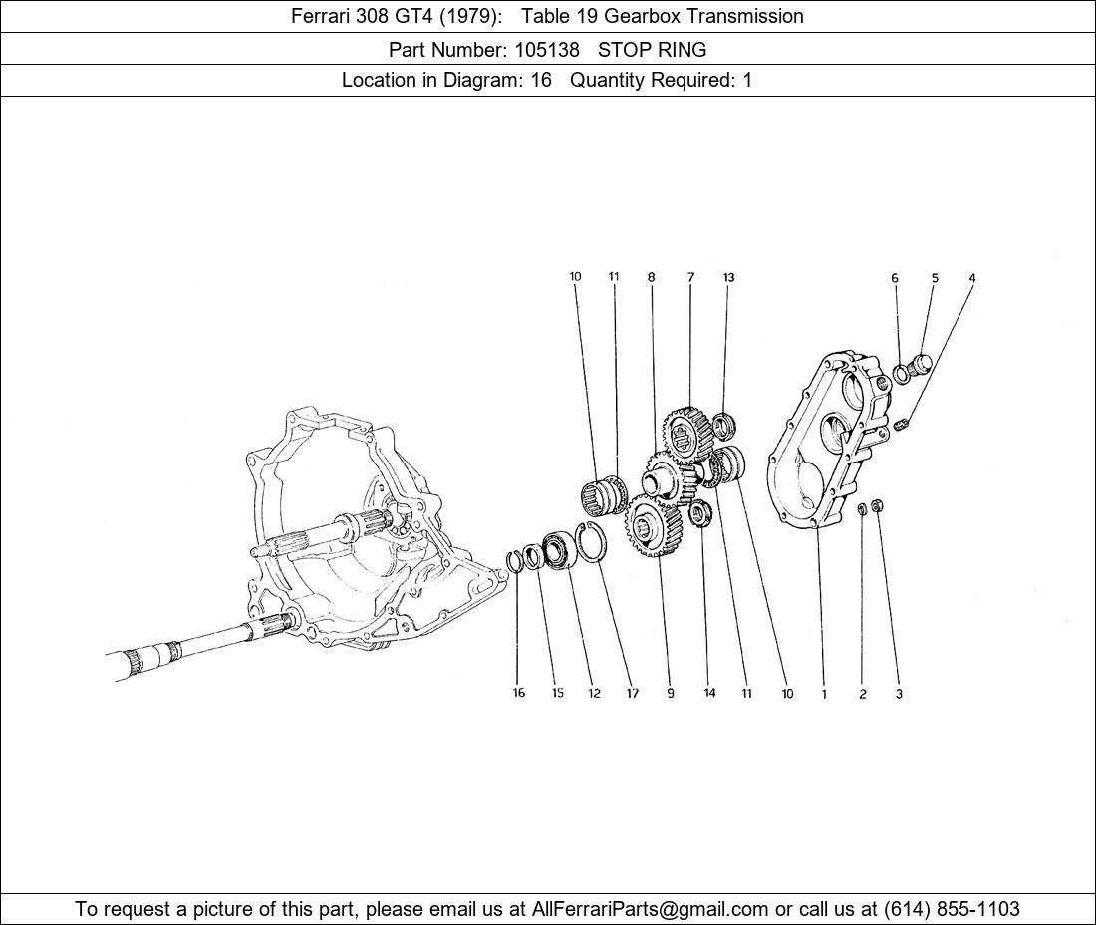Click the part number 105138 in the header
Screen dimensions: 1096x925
pyautogui.click(x=547, y=50)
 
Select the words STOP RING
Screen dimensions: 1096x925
pyautogui.click(x=653, y=50)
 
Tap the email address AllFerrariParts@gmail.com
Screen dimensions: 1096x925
pyautogui.click(x=650, y=909)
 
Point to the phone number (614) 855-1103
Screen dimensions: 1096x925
pyautogui.click(x=952, y=909)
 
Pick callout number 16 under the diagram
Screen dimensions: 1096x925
pyautogui.click(x=519, y=693)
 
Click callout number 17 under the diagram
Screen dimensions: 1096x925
pyautogui.click(x=633, y=694)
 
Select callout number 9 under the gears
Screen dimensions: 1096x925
pyautogui.click(x=671, y=694)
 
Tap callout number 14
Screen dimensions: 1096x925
pyautogui.click(x=709, y=693)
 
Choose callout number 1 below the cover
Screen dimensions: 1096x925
pyautogui.click(x=824, y=695)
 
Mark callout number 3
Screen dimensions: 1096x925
pyautogui.click(x=899, y=695)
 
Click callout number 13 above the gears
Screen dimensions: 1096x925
pyautogui.click(x=729, y=277)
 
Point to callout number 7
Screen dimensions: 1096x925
pyautogui.click(x=690, y=277)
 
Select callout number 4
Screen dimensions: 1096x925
pyautogui.click(x=972, y=278)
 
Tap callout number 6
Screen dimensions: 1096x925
pyautogui.click(x=895, y=278)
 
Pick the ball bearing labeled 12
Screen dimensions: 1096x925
pyautogui.click(x=559, y=550)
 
